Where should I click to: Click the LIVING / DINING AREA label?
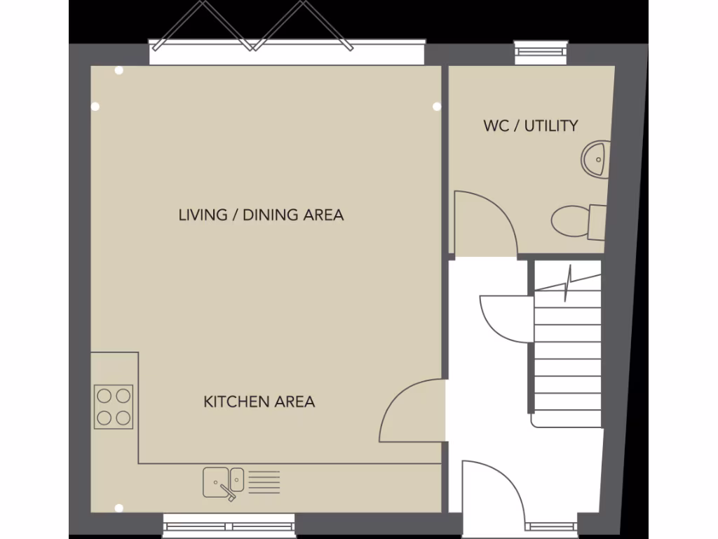[x=261, y=215]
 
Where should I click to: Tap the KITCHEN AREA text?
[x=259, y=401]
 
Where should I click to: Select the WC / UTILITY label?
[x=531, y=126]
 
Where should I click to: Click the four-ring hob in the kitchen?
[x=114, y=407]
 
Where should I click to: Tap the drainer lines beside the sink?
[x=264, y=482]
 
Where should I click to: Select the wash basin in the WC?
[x=595, y=158]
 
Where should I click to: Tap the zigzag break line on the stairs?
[x=568, y=281]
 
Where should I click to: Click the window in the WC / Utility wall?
[x=541, y=48]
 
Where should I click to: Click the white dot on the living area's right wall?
[x=437, y=107]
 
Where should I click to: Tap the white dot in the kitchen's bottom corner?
[x=118, y=507]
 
